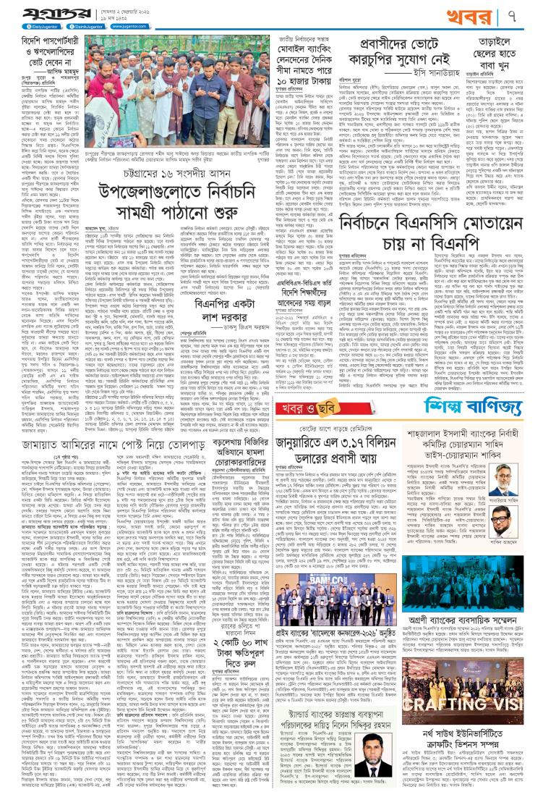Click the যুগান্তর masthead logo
(43, 15)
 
